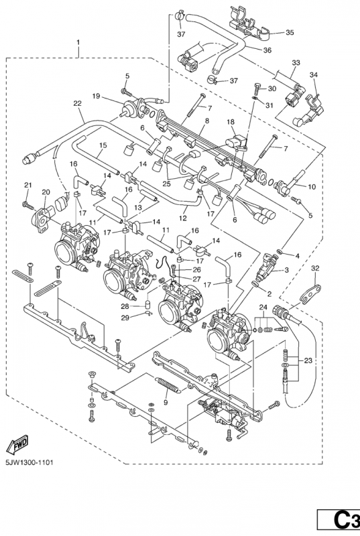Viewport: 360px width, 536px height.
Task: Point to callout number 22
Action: coord(78,103)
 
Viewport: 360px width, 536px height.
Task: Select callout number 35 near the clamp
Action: coord(290,32)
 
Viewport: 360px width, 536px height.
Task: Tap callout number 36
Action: coord(267,50)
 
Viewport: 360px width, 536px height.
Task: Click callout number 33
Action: coord(296,62)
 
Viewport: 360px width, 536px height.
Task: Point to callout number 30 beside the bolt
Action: coord(272,89)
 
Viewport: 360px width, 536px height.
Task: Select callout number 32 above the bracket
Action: coord(316,269)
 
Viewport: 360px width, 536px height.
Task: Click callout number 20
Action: coord(46,192)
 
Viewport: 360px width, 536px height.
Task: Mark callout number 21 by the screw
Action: coord(27,185)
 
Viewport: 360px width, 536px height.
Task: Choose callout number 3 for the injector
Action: coord(286,270)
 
